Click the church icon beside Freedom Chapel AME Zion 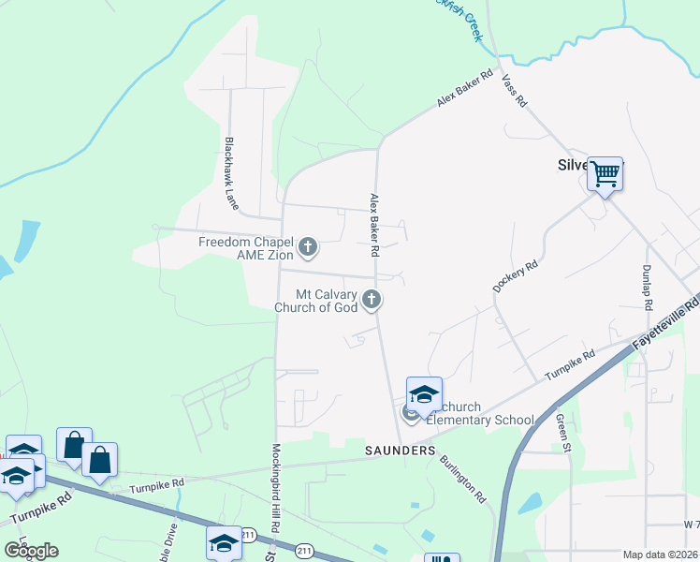(308, 248)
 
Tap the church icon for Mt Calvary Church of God (372, 301)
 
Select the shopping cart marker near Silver (605, 172)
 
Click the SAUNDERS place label (400, 451)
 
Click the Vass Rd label (514, 90)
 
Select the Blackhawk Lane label (230, 172)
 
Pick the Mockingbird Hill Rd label (276, 488)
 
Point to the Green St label (564, 435)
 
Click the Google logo (31, 551)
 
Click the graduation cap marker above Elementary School (424, 393)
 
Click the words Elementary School (479, 420)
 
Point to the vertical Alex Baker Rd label (373, 226)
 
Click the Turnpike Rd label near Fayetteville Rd (571, 363)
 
